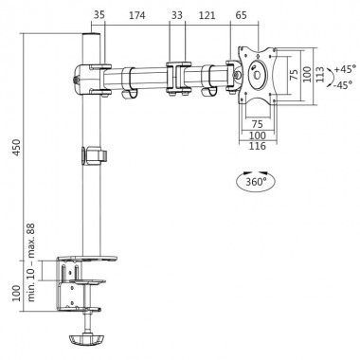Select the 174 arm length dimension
[138, 16]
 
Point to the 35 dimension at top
[99, 16]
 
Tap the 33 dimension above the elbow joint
[177, 16]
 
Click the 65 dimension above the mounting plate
[242, 16]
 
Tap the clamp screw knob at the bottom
[87, 338]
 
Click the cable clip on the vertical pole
[95, 154]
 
